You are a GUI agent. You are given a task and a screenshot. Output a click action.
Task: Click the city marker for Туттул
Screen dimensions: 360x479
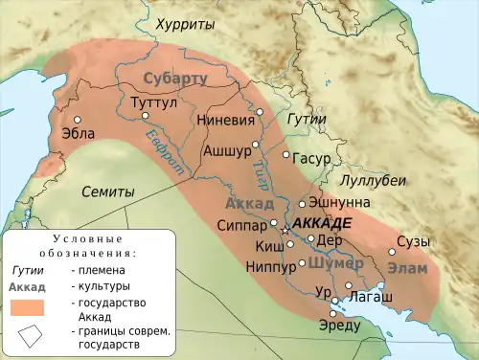[146, 115]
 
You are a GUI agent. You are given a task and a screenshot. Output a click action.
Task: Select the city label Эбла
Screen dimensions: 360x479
[78, 134]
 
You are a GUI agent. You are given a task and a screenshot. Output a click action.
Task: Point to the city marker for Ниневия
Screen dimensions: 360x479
[259, 113]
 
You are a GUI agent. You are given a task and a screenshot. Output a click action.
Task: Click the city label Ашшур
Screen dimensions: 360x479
[226, 150]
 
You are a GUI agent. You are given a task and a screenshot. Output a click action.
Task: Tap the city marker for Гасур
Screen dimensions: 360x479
[285, 154]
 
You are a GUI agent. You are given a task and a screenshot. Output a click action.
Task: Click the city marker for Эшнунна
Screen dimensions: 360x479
[302, 203]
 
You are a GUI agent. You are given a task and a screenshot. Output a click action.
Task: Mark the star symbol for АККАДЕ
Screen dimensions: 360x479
[284, 231]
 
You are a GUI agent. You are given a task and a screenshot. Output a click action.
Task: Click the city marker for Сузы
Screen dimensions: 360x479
[391, 253]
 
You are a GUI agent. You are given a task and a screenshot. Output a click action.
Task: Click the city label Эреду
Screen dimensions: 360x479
[339, 326]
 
